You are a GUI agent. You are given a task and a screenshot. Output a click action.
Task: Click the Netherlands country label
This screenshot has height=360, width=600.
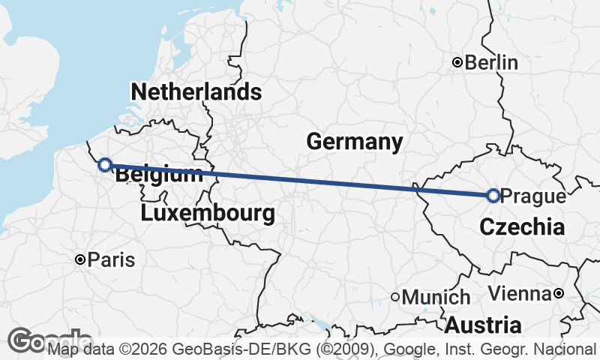click(x=196, y=92)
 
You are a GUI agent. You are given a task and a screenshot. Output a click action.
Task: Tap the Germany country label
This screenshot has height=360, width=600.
click(x=354, y=141)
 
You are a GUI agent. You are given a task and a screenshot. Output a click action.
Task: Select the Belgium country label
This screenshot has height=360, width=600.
click(x=159, y=175)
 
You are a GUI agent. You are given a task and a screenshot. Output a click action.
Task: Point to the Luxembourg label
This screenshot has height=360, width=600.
click(x=207, y=214)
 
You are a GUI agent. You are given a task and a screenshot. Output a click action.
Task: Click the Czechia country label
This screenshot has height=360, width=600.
click(x=521, y=227)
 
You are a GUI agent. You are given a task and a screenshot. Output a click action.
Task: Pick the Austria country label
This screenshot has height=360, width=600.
click(x=483, y=325)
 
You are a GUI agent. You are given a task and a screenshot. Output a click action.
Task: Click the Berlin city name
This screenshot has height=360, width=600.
click(x=491, y=63)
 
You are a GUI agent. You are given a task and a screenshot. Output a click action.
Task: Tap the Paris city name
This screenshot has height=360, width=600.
click(x=111, y=260)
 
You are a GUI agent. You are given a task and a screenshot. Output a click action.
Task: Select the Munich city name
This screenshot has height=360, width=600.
click(x=436, y=298)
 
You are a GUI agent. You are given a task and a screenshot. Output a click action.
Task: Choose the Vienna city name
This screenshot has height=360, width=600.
click(x=520, y=292)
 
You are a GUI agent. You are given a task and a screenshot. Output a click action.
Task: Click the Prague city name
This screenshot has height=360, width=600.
click(x=532, y=196)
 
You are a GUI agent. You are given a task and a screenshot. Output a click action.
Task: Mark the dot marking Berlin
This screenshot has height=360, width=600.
click(x=457, y=63)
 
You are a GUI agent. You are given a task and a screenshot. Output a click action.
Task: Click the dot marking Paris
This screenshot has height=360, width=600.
click(x=79, y=259)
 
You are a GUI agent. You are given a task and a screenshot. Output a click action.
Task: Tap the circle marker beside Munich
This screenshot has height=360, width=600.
click(x=395, y=297)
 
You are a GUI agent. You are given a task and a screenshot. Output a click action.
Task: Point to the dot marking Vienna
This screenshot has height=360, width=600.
click(x=559, y=292)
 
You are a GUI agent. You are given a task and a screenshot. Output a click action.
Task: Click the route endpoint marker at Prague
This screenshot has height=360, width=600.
click(x=493, y=196)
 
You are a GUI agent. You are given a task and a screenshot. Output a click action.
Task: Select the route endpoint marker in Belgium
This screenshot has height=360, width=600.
click(x=105, y=164)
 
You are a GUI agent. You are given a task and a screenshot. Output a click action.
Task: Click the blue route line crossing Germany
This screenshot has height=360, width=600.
click(x=300, y=180)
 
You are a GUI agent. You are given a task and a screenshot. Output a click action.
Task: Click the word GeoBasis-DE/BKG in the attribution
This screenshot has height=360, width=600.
click(x=215, y=349)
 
